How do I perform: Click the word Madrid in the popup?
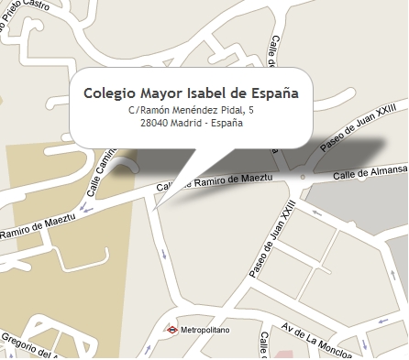point(187,123)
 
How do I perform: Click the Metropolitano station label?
point(204,328)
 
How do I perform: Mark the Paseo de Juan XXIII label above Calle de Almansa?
point(349,128)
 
